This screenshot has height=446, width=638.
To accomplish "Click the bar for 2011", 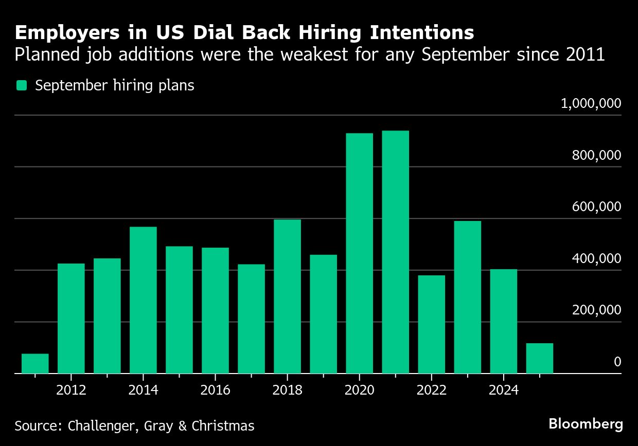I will (x=35, y=363).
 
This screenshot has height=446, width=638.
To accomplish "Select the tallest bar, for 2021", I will (x=395, y=252).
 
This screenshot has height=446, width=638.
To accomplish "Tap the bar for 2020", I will (x=359, y=253).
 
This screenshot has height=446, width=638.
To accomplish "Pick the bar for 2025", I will (x=539, y=358).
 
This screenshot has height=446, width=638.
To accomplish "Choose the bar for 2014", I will (x=143, y=300).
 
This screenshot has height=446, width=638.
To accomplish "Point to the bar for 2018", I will (x=287, y=296).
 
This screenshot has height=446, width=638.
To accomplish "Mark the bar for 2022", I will (x=431, y=324).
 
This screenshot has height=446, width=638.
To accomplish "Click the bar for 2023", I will (x=467, y=297).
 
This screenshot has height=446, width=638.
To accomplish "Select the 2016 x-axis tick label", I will (x=215, y=391).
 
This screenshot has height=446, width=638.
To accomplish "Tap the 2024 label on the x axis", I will (x=503, y=391).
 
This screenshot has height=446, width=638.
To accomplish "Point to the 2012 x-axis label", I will (x=71, y=391).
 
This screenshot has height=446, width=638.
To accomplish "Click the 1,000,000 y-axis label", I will (x=591, y=104).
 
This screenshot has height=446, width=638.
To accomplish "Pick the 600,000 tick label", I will (x=596, y=207).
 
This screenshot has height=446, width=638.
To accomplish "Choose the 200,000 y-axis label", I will (x=596, y=310).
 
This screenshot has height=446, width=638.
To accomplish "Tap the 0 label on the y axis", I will (x=617, y=362).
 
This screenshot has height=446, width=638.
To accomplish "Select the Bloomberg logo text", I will (x=586, y=424).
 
